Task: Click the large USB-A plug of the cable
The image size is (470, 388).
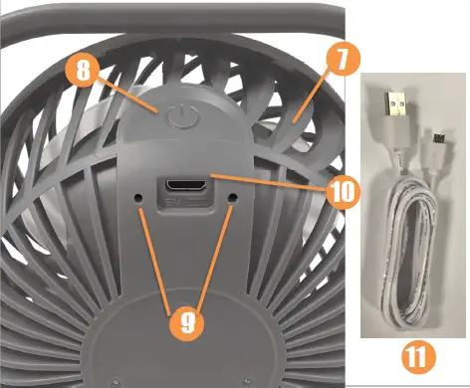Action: [x=394, y=111]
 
